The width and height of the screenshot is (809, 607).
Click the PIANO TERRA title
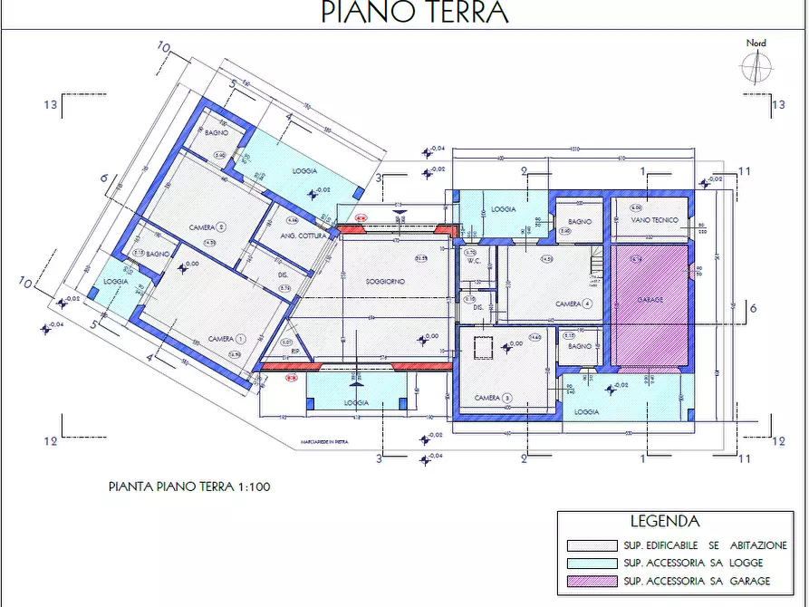pos(415,13)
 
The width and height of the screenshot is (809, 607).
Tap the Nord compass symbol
pos(755,65)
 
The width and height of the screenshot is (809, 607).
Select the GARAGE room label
pos(650,300)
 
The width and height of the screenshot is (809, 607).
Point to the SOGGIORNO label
pos(385,282)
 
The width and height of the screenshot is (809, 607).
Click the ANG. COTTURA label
pos(297,236)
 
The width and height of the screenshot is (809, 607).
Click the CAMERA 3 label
pos(493,398)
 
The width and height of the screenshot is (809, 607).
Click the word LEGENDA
pos(664,522)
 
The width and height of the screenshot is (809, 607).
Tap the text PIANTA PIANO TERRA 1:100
pos(189,487)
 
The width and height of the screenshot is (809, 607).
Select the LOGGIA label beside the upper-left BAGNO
pos(303,170)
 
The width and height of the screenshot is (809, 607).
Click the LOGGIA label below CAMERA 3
pos(586,412)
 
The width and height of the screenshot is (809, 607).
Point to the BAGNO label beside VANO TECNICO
pos(580,222)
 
